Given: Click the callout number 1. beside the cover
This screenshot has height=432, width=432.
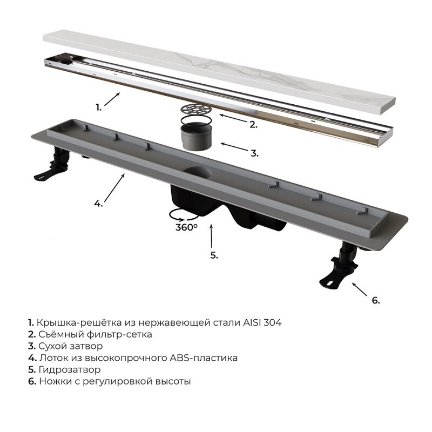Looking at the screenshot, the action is (x=99, y=107).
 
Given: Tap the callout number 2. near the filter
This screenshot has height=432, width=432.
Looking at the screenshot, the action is (x=253, y=125).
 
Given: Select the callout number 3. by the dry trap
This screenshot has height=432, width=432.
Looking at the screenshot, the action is (x=254, y=153).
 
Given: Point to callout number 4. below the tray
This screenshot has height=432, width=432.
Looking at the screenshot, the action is (x=98, y=204).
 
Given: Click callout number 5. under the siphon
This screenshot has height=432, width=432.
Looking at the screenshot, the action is (x=214, y=255).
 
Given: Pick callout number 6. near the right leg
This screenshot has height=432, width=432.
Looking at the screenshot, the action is (x=376, y=300).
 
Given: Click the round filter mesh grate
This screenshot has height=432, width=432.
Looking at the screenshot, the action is (x=196, y=109).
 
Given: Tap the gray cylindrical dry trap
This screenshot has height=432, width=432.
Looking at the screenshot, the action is (x=196, y=137).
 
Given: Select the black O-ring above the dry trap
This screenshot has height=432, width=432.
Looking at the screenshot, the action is (x=196, y=120).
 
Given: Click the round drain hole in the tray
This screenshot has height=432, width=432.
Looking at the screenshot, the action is (x=199, y=172).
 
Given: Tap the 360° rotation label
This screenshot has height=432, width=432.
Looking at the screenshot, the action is (x=186, y=227).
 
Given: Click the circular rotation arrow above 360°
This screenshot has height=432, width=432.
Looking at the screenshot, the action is (x=184, y=215).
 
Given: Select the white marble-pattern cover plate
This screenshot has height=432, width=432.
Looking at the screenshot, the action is (x=219, y=72).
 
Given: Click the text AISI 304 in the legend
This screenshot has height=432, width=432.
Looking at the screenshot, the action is (x=262, y=322).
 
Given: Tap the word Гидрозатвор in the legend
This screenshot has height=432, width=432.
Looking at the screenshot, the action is (x=70, y=369).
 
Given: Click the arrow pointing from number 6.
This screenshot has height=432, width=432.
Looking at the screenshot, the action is (x=360, y=289).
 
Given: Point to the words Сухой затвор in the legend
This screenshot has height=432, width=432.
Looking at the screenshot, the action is (x=71, y=346).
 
